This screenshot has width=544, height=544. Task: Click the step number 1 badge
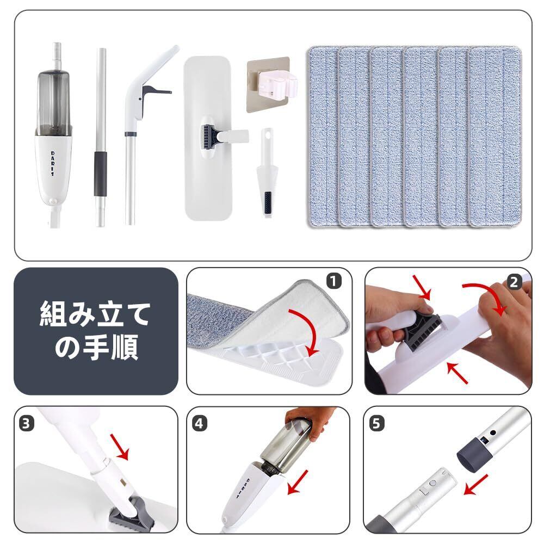pyautogui.click(x=334, y=281)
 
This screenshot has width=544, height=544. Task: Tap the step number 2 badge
pyautogui.click(x=514, y=282)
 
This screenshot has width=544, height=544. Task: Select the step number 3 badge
pyautogui.click(x=26, y=424)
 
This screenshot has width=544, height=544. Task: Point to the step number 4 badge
pyautogui.click(x=199, y=424)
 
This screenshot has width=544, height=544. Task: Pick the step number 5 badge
pyautogui.click(x=376, y=424)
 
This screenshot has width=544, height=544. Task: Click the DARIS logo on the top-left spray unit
pyautogui.click(x=53, y=164)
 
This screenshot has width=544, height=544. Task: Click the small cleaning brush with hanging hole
pyautogui.click(x=267, y=172)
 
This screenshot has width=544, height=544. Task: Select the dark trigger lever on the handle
pyautogui.click(x=156, y=91)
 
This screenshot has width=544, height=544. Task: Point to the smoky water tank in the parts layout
pyautogui.click(x=54, y=103)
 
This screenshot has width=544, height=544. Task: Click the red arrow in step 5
pyautogui.click(x=476, y=485)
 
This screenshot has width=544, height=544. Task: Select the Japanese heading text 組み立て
pyautogui.click(x=95, y=314)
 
